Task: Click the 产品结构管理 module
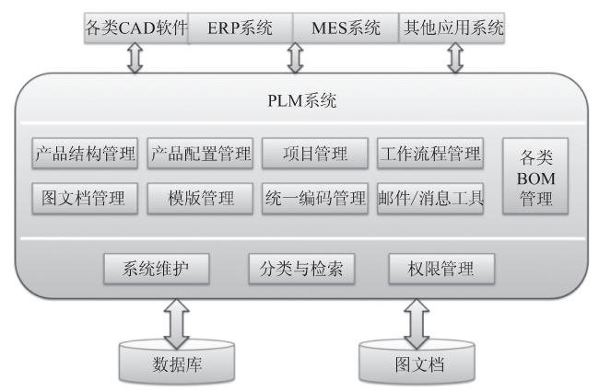[85, 152]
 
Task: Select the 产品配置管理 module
[201, 152]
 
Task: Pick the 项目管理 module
[315, 152]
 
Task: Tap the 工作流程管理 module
[429, 152]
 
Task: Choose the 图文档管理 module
[85, 197]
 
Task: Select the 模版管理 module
[201, 197]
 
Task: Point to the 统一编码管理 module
[315, 197]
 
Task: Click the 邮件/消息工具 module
[429, 197]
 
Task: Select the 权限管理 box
[441, 269]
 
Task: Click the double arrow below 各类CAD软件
[135, 58]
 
